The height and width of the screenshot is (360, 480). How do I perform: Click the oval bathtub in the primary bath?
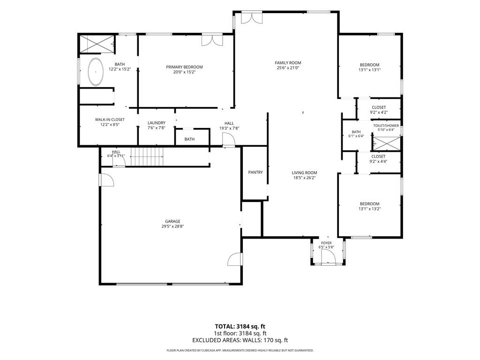tap(96, 72)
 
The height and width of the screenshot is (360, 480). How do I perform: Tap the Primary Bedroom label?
tap(184, 67)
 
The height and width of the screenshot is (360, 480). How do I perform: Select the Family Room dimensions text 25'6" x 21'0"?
tap(288, 68)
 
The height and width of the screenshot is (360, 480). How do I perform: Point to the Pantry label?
tap(255, 172)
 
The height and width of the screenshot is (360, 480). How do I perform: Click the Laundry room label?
tap(157, 123)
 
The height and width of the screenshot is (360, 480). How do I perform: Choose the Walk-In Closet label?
tap(110, 120)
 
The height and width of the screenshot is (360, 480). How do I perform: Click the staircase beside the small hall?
tap(147, 157)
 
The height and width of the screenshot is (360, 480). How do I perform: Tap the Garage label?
tap(172, 221)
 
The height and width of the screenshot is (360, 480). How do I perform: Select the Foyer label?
tap(326, 243)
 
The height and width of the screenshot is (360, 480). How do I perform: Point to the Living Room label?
tap(304, 172)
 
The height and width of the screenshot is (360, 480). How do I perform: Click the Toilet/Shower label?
tap(386, 126)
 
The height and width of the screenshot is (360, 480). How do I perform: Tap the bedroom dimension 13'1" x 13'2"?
tap(369, 209)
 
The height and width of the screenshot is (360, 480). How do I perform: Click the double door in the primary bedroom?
tap(212, 40)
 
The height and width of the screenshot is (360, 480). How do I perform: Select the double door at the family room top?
tap(252, 17)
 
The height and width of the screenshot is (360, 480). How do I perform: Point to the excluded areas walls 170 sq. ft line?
tap(240, 340)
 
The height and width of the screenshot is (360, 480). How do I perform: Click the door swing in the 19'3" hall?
tap(229, 141)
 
